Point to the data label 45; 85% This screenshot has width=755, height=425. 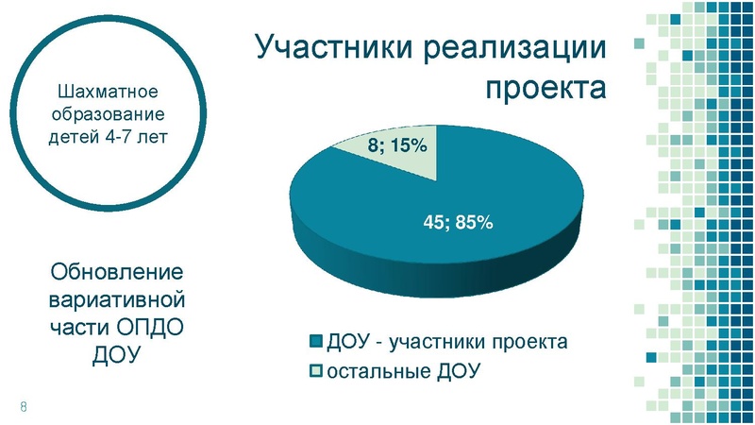(457, 223)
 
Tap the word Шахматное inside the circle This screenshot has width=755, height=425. (107, 93)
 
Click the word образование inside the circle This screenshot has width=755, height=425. (107, 114)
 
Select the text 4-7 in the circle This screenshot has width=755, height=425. (119, 135)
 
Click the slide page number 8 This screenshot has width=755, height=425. (23, 406)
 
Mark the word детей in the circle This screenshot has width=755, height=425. (75, 135)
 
